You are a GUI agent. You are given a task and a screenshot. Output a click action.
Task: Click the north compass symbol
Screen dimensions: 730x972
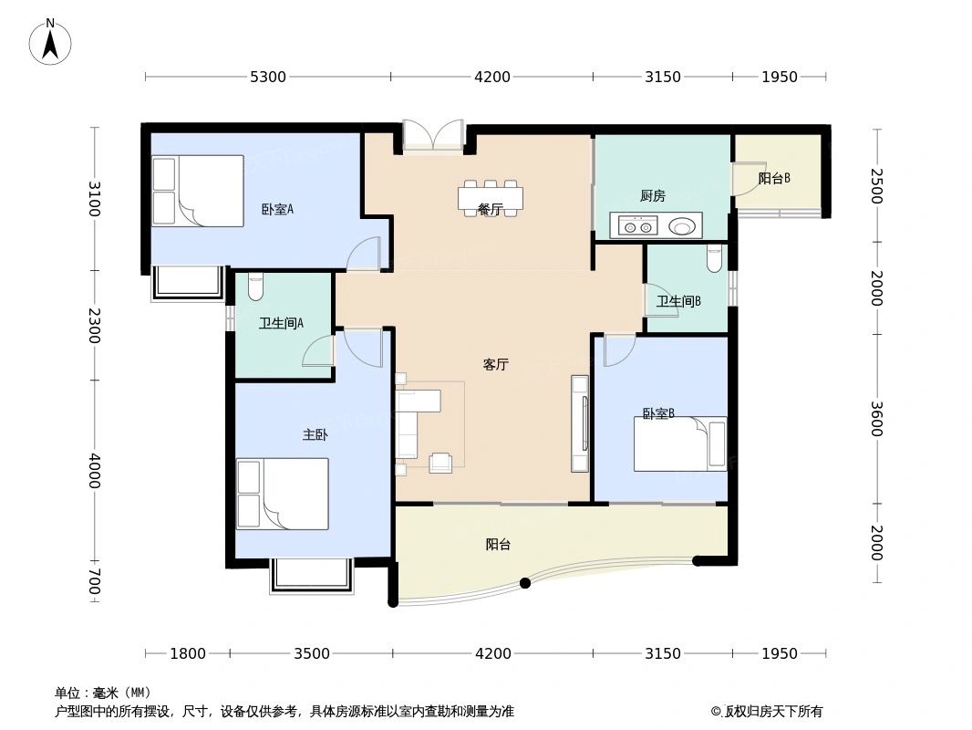point(50,42)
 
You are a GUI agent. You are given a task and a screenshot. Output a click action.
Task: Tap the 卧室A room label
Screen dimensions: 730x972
point(277,209)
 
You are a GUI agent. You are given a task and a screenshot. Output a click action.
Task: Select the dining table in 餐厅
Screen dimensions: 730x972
point(491,197)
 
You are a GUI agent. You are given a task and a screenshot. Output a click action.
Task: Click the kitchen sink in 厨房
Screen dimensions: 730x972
point(682,225)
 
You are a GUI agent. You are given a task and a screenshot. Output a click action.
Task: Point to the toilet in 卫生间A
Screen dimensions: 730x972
point(255,287)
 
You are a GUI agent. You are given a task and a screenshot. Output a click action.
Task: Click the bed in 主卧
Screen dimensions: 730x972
point(283,494)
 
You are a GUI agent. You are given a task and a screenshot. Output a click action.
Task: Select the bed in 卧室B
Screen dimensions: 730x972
point(680,444)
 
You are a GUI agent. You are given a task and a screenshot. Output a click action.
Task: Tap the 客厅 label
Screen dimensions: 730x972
point(495,365)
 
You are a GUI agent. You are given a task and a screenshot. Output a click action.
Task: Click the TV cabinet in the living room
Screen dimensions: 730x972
point(580,423)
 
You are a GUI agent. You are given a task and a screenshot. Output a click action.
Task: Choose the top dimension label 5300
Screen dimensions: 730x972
point(268,78)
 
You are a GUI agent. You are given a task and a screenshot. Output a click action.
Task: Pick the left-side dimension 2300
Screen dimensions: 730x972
point(94,326)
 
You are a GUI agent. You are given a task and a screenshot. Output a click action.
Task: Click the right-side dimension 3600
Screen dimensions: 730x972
point(875,419)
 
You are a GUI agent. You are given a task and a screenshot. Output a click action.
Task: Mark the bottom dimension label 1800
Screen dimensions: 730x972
point(188,653)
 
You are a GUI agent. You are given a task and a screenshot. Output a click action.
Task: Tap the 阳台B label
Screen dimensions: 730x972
point(774,179)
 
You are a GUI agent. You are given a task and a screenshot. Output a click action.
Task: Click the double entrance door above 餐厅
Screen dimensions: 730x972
point(433,136)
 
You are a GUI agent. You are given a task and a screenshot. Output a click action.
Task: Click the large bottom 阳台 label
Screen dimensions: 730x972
point(498,545)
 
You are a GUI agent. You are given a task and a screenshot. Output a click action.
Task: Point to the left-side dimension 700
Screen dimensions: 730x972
point(94,581)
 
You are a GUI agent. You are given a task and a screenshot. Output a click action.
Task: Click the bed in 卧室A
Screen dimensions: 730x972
point(198,191)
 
